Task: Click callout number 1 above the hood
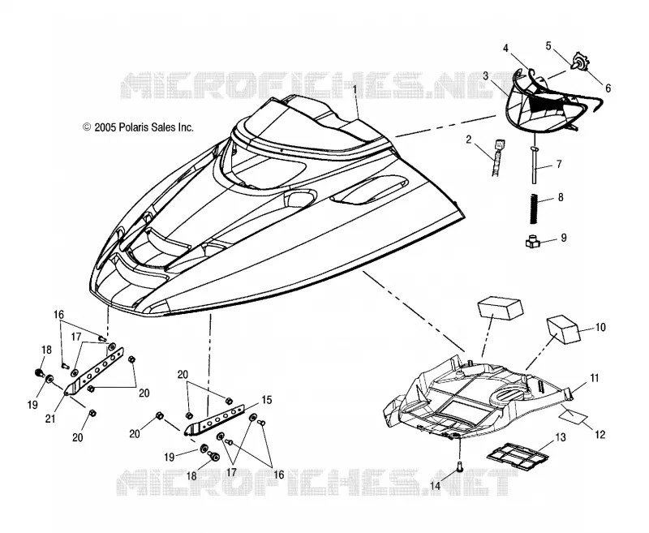click(355, 88)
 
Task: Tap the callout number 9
click(563, 238)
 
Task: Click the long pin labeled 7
click(535, 165)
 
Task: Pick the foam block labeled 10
click(563, 330)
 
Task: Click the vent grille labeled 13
click(518, 454)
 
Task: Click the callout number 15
click(267, 400)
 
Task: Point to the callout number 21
click(50, 419)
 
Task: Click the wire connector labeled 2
click(498, 155)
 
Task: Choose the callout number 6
click(608, 88)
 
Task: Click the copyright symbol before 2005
click(87, 127)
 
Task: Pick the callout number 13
click(561, 438)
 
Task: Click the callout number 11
click(595, 378)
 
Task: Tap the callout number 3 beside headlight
click(485, 76)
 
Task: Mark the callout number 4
click(505, 49)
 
